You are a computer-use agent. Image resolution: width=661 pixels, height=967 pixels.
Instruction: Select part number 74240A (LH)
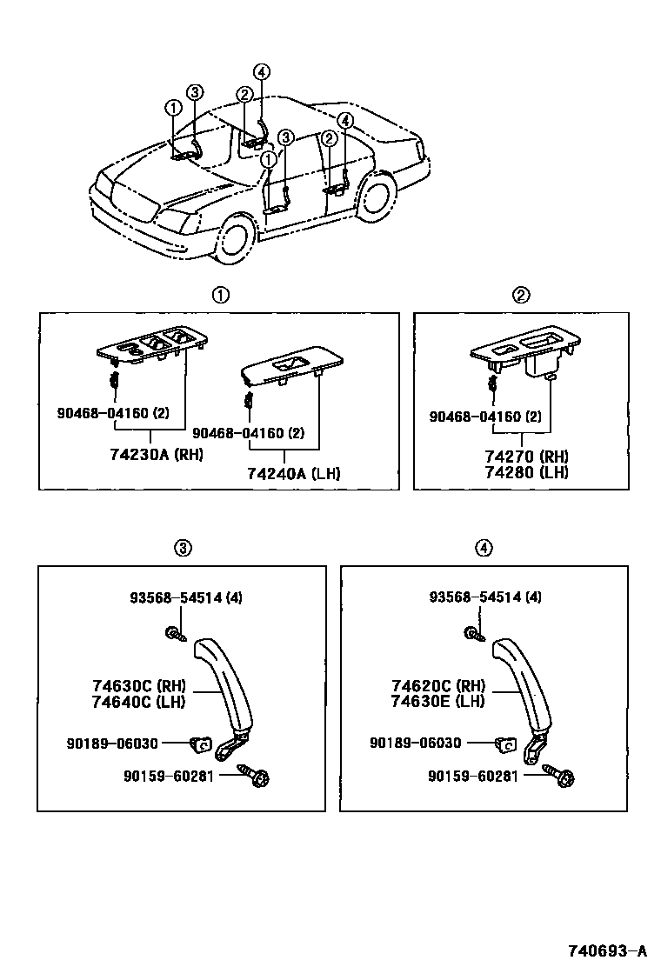click(x=293, y=473)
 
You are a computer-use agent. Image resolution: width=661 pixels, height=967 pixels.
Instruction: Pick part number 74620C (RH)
click(x=437, y=686)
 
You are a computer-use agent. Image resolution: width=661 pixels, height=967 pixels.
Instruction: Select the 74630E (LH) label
click(x=437, y=701)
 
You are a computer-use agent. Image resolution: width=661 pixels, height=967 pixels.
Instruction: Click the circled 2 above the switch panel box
click(x=520, y=296)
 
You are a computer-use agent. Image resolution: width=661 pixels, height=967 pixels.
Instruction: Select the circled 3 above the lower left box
click(x=182, y=548)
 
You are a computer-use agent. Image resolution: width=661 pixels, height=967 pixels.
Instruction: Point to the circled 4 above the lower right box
click(x=484, y=548)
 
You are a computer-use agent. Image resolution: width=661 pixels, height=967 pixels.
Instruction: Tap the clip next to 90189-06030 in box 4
click(x=504, y=743)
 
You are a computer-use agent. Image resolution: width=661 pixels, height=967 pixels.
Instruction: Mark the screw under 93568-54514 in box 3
click(x=175, y=634)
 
